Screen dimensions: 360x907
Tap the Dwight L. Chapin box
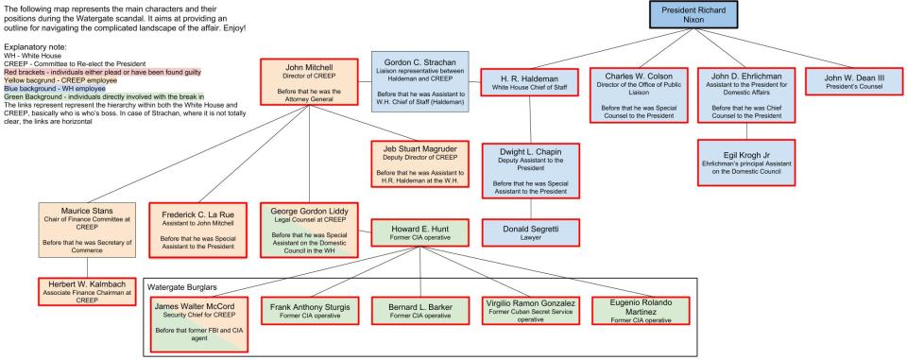click(x=531, y=169)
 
